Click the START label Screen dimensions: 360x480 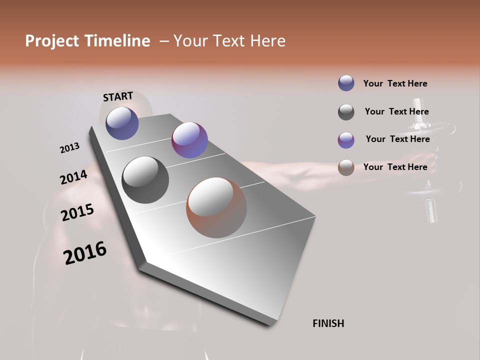click(x=118, y=96)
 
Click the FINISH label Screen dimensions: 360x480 click(x=328, y=323)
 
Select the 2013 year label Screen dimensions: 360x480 click(x=70, y=148)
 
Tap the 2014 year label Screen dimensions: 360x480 click(x=73, y=177)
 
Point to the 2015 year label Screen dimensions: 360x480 click(x=77, y=212)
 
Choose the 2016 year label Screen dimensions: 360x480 click(x=85, y=253)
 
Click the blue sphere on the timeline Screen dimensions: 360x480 click(x=122, y=123)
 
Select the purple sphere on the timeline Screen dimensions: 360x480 click(x=189, y=140)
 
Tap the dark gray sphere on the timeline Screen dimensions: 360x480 click(x=145, y=180)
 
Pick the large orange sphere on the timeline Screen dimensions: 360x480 click(x=216, y=207)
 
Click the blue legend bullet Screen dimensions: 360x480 click(x=346, y=83)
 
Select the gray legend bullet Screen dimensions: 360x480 click(x=346, y=112)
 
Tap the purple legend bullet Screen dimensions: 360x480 click(x=346, y=140)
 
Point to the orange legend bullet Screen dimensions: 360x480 click(x=346, y=167)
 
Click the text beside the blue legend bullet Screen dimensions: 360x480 click(x=395, y=83)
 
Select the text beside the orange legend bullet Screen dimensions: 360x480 click(x=395, y=167)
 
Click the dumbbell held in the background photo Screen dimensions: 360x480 click(x=425, y=165)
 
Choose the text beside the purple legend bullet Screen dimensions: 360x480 click(x=397, y=139)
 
